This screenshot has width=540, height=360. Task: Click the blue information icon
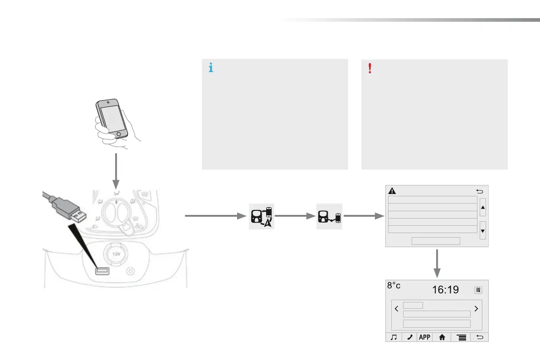210,68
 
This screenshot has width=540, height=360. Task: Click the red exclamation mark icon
370,68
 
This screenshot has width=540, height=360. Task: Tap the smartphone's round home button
119,135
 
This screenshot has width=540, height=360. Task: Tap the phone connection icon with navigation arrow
262,216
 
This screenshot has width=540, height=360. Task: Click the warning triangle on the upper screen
392,191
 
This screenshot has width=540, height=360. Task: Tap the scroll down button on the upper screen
482,230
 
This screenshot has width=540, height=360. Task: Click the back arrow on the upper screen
480,191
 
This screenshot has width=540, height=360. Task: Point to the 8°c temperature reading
394,286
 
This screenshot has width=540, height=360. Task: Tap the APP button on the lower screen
424,337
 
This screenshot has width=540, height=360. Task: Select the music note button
394,337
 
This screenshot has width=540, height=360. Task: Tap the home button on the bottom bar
442,337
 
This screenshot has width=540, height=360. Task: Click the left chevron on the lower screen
396,309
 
